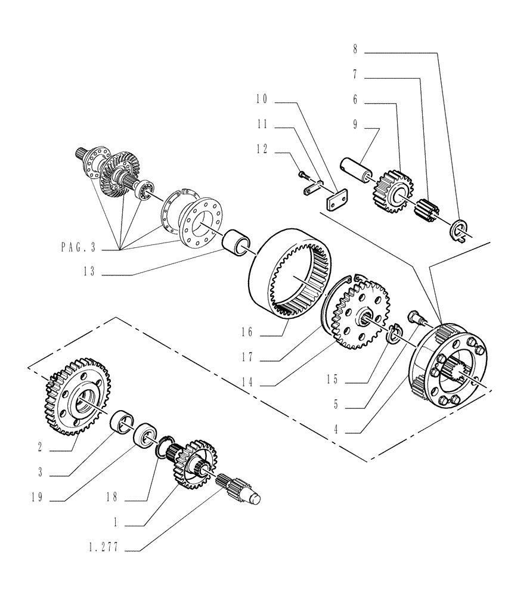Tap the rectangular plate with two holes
click(337, 200)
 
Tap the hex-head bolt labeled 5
click(416, 317)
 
